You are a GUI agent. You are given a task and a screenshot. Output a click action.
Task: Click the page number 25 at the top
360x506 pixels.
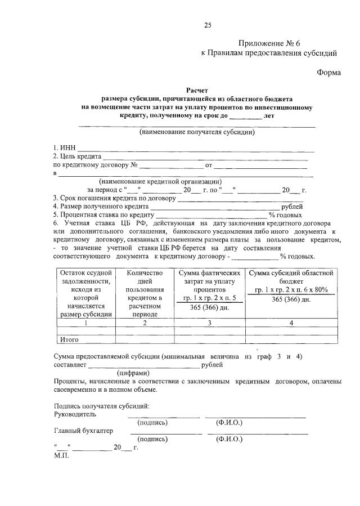pyautogui.click(x=207, y=24)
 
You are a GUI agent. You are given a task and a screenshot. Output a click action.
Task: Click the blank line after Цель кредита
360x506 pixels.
pyautogui.click(x=205, y=156)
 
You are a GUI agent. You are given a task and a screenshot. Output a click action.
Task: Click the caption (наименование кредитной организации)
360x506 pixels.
pyautogui.click(x=160, y=181)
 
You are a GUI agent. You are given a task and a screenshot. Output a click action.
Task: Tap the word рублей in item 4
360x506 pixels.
pyautogui.click(x=292, y=207)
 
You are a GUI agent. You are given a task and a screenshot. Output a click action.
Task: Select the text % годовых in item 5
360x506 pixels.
pyautogui.click(x=285, y=215)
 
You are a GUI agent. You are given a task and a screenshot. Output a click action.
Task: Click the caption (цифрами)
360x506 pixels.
pyautogui.click(x=133, y=373)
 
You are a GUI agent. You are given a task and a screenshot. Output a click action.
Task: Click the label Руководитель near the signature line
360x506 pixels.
pyautogui.click(x=75, y=414)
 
